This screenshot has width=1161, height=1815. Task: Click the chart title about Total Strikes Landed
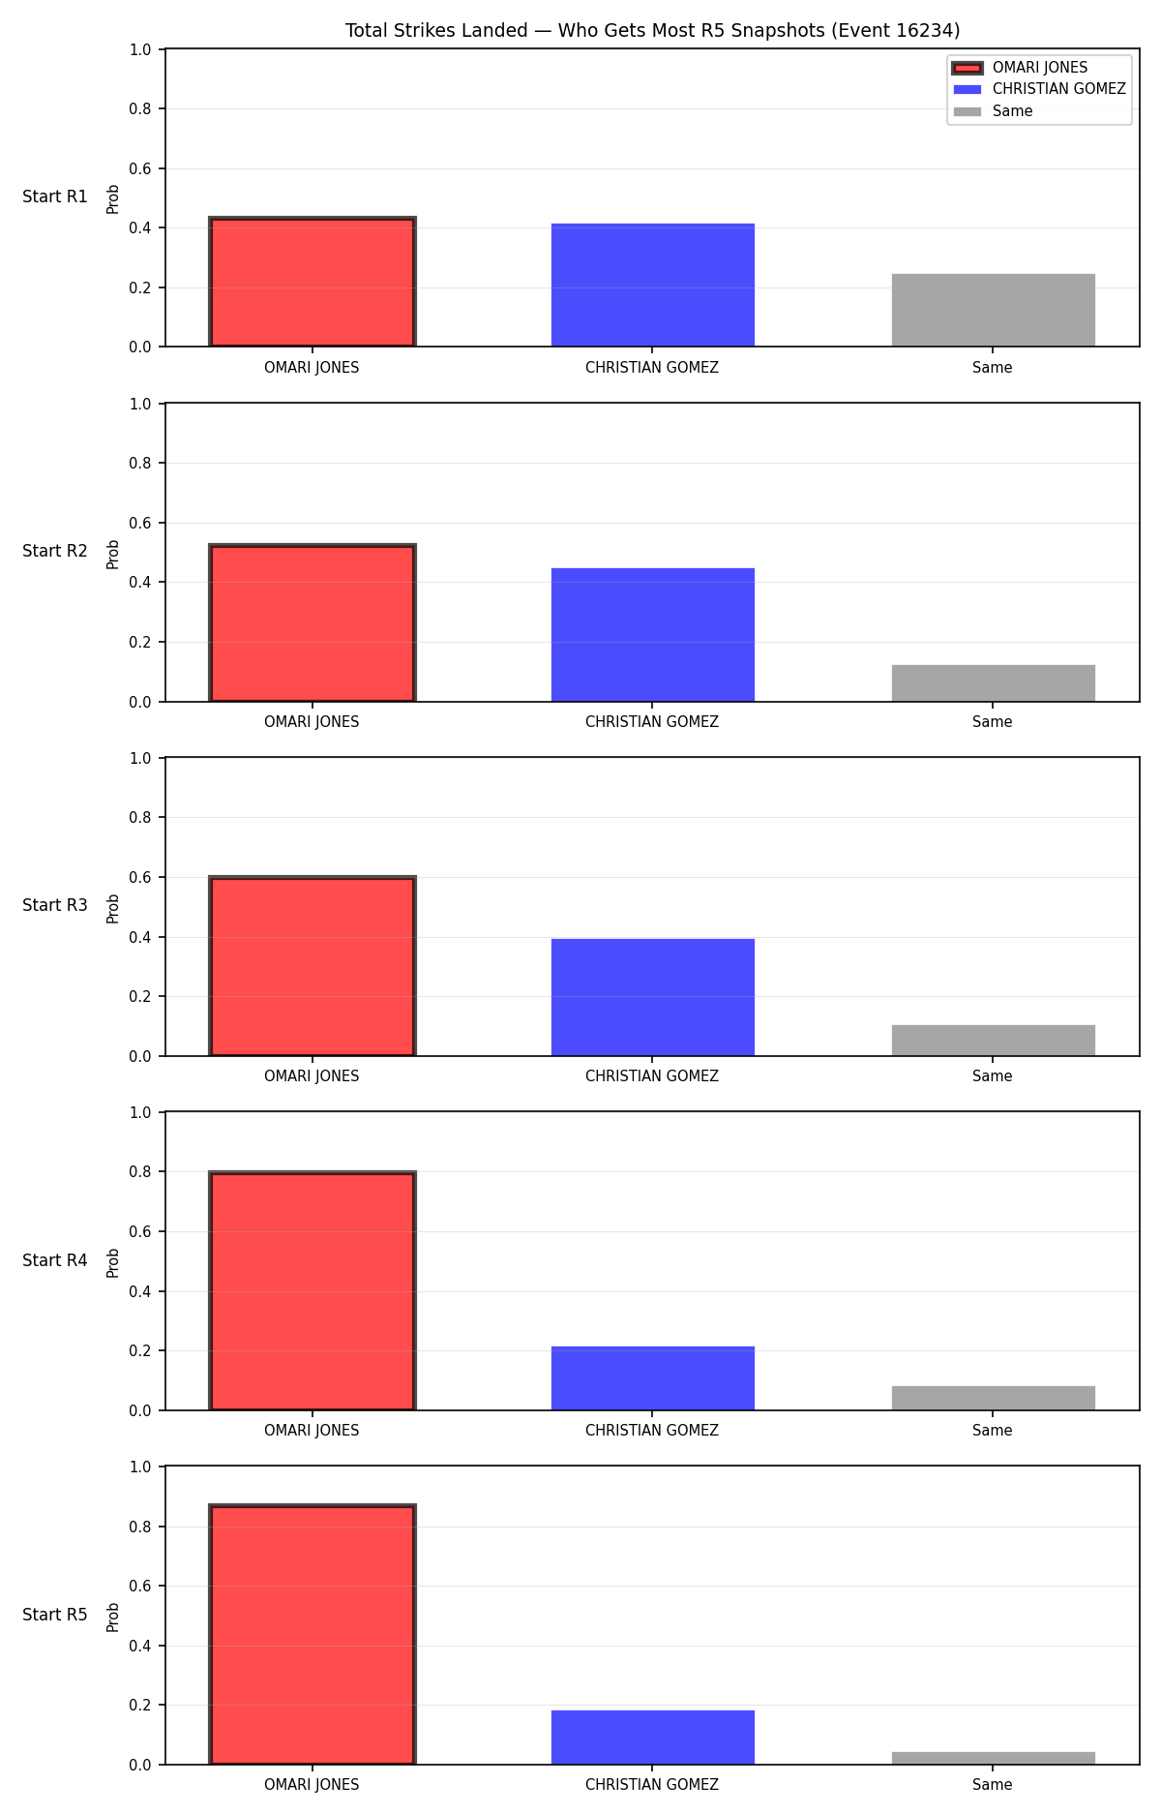point(652,31)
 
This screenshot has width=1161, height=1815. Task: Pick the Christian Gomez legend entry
point(1039,89)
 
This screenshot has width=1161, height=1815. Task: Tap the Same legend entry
point(993,111)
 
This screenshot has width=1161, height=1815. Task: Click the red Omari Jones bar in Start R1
point(313,282)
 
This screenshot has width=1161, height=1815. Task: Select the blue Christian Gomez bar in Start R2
point(653,635)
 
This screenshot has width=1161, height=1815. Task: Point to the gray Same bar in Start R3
point(994,1041)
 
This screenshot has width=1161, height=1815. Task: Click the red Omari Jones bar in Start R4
point(313,1291)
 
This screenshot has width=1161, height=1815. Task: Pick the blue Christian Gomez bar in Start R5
point(653,1738)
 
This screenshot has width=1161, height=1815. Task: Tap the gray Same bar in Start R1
point(994,310)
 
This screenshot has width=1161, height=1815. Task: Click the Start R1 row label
point(55,197)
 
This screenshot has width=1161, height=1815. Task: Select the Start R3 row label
point(55,906)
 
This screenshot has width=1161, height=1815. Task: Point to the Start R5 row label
point(55,1615)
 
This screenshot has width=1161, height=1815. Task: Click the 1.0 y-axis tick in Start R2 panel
point(140,405)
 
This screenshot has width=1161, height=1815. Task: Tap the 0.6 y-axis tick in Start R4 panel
point(140,1232)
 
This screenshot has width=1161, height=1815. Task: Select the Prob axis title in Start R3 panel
point(113,908)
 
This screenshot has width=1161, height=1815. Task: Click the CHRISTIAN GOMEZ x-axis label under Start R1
point(652,368)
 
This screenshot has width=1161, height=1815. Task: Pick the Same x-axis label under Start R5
point(993,1785)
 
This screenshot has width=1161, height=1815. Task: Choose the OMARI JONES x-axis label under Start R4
point(312,1431)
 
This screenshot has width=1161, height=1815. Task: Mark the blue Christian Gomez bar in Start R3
point(653,997)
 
